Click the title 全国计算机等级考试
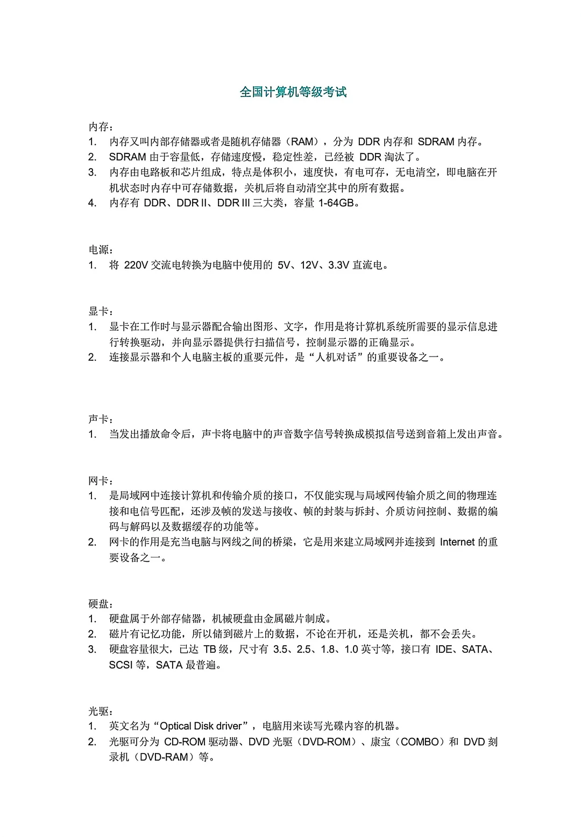tap(293, 92)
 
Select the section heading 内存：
tap(101, 127)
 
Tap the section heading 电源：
tap(101, 250)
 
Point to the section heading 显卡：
tap(101, 311)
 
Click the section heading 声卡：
tap(101, 419)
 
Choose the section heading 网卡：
tap(101, 480)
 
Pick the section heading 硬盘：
tap(101, 604)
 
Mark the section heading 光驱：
tap(101, 711)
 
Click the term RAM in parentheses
tap(302, 142)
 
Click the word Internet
tap(457, 542)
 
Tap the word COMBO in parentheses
tap(421, 742)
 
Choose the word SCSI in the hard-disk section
tap(121, 665)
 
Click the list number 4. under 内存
tap(93, 204)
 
